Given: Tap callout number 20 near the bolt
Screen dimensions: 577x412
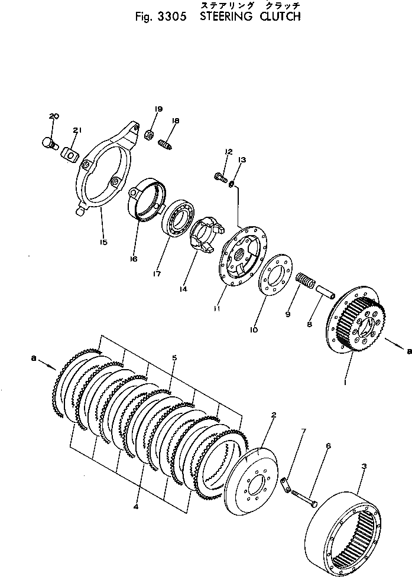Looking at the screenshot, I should pyautogui.click(x=54, y=116).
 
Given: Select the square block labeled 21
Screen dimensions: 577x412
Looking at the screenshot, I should pyautogui.click(x=70, y=155).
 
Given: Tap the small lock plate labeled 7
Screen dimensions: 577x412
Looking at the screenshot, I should pyautogui.click(x=286, y=487).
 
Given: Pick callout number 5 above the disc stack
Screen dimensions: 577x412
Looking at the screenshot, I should pyautogui.click(x=174, y=358).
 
